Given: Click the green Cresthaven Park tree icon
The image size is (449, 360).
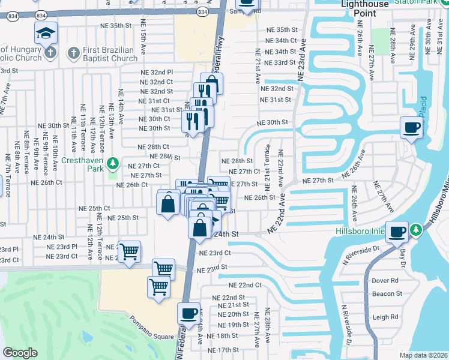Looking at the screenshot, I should point(112,163).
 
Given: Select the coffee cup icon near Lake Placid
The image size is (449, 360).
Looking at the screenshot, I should point(412,127).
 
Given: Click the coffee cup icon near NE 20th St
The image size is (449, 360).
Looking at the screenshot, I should point(188,313).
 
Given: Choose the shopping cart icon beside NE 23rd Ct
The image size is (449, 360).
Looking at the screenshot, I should point(129,252).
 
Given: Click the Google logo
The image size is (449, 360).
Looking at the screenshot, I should point(20,353).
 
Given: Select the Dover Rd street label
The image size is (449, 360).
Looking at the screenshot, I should point(385,280).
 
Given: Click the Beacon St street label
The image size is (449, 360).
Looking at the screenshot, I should point(387,293).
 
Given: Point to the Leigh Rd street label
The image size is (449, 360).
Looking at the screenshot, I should point(385,317).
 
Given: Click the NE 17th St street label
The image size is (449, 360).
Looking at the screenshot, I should point(223,350).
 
